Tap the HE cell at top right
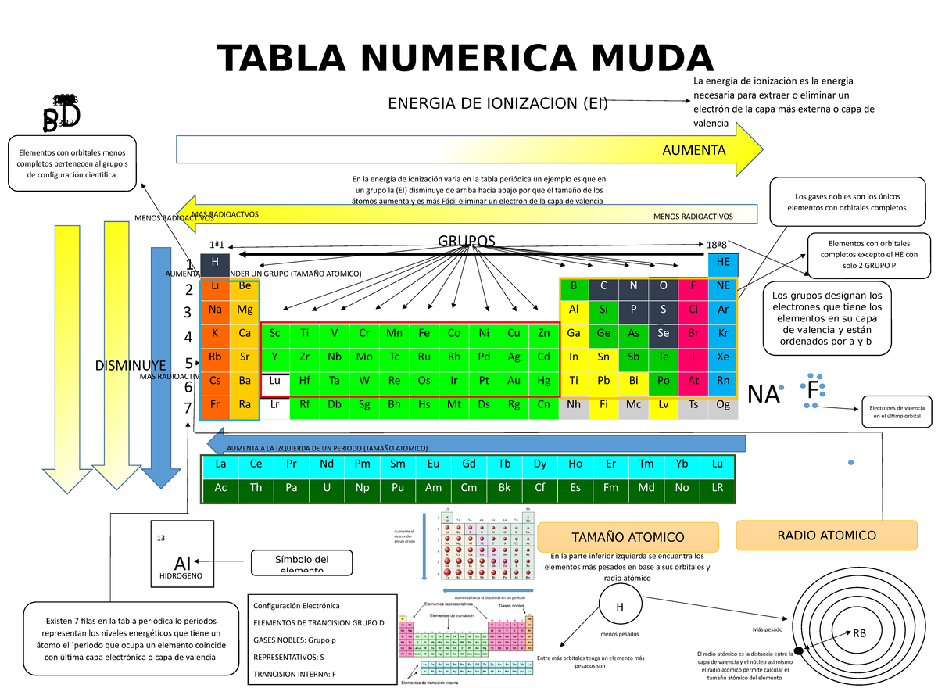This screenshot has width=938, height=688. pos(723,263)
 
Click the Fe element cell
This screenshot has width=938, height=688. pos(424,334)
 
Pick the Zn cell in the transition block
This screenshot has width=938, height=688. pos(543,334)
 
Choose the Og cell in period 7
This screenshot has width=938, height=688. pos(723,405)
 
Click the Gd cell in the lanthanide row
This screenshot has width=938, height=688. pos(469,464)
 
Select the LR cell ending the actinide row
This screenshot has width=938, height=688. pos(717,488)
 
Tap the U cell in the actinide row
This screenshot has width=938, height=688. pos(327,488)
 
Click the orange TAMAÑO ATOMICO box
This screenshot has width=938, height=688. pos(628,537)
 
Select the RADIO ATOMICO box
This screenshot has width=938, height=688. pos(826,536)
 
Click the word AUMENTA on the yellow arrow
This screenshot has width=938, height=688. pos(694,150)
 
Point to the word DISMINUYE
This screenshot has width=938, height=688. pos(130,365)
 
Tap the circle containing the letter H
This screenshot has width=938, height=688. pos(619,607)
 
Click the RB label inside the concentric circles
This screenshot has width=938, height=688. pos(859,632)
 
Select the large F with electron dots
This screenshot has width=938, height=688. pos(813,390)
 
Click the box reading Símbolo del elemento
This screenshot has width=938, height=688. pos(302,562)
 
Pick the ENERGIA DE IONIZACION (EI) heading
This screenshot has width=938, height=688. pos(498,103)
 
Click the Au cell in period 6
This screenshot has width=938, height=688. pos(514,382)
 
